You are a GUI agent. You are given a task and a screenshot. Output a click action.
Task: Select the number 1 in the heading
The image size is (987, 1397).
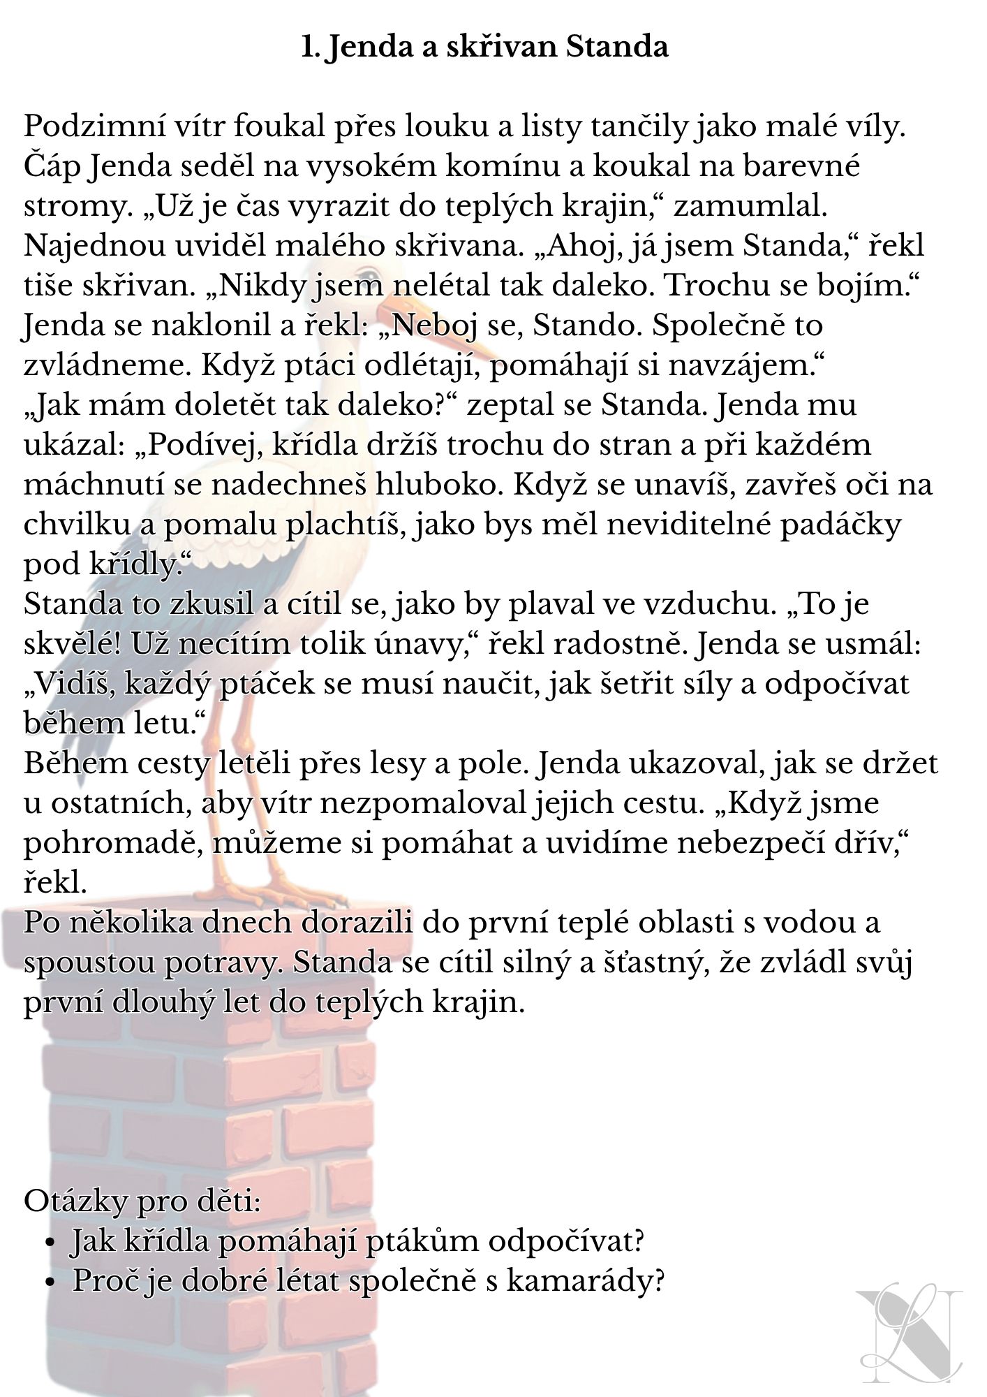pos(309,47)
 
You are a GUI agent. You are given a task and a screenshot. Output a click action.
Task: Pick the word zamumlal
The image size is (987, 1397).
pos(750,207)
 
